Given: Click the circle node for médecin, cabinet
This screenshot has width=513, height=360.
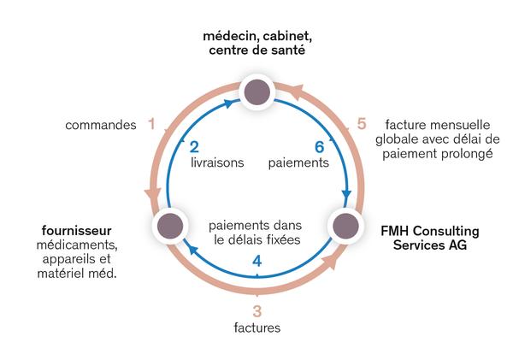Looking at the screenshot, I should coord(256,90).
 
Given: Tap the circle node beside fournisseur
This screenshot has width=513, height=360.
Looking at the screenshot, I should coord(168,227).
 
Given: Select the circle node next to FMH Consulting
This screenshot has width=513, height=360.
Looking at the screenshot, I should coord(344,227).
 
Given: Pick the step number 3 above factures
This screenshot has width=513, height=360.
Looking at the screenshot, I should coord(256,310).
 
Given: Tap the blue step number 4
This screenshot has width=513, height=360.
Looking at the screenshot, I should coord(256,261).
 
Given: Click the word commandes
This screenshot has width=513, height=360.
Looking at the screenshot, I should coord(101,126).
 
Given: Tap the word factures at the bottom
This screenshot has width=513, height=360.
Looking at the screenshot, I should coord(256,328).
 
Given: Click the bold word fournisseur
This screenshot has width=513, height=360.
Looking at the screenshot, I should coord(76,231).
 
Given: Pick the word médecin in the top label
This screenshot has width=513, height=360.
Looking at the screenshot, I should coord(228,37).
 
